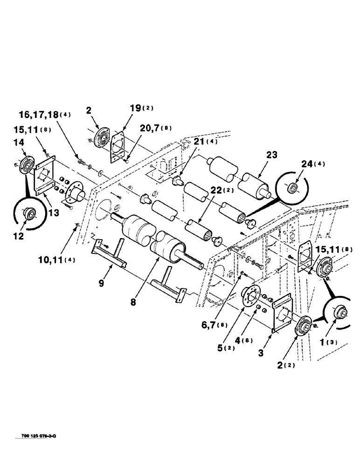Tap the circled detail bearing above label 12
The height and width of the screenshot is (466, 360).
[x=31, y=214]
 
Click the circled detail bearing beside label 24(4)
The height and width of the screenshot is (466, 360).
[x=293, y=187]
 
